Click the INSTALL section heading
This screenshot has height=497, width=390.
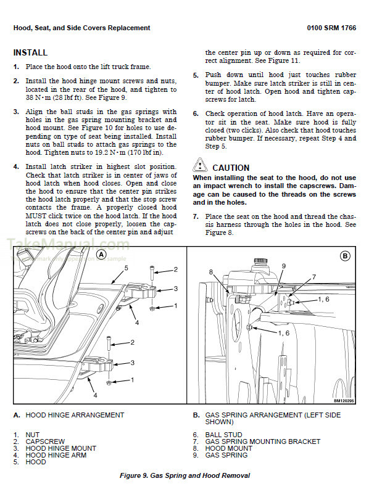(30, 53)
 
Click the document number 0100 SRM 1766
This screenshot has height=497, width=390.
(331, 28)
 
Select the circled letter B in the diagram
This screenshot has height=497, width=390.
(345, 255)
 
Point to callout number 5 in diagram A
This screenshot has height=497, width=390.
(126, 268)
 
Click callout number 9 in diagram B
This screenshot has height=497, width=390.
(284, 266)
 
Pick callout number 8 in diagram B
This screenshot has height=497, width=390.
(210, 272)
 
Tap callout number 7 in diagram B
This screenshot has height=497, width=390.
(314, 277)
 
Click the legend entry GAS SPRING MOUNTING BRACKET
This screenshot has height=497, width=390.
(263, 442)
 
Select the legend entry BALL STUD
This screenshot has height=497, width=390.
(223, 435)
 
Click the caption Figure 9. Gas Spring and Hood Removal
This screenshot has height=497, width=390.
(185, 475)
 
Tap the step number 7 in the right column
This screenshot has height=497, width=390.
(195, 217)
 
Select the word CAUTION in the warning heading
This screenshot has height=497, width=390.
(231, 168)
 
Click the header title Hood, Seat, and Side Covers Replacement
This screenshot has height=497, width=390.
(81, 28)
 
